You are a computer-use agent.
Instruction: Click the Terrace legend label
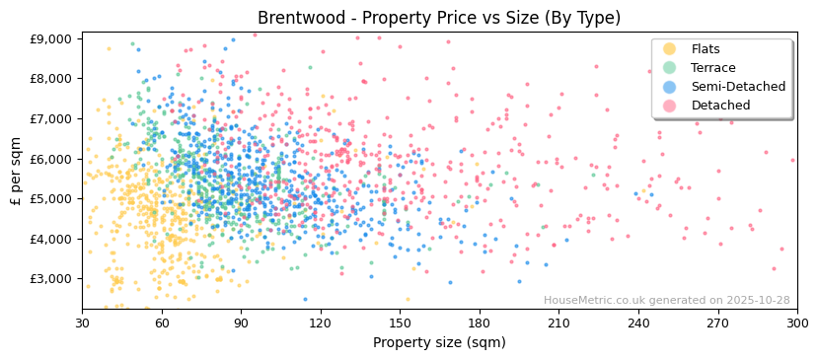[x=711, y=68]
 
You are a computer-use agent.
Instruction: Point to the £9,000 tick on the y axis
[x=51, y=38]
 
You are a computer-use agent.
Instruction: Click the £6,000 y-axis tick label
[x=51, y=159]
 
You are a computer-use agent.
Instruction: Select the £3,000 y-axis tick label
[x=51, y=279]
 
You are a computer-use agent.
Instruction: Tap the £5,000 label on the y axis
[x=51, y=198]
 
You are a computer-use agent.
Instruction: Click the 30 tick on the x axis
[x=82, y=323]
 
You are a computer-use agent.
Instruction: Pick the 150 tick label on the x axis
[x=400, y=323]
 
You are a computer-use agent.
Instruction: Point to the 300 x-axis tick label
[x=796, y=323]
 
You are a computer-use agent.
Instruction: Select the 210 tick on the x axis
[x=558, y=323]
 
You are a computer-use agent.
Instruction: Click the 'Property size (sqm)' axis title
[x=439, y=342]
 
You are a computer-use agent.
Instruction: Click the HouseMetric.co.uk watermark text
[x=666, y=301]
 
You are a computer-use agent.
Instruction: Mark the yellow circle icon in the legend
[x=670, y=49]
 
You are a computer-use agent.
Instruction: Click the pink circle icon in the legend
[x=670, y=106]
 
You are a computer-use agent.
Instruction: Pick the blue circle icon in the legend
[x=670, y=87]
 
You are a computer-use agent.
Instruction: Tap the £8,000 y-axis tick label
[x=51, y=79]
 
